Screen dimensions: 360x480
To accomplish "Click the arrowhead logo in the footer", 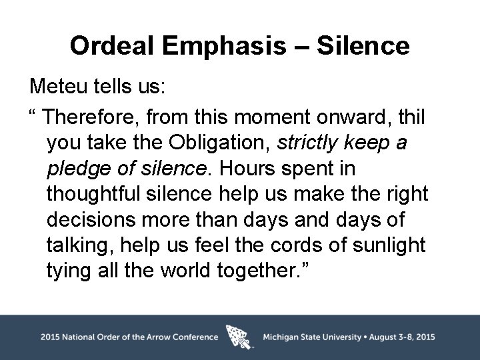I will [x=240, y=337].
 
